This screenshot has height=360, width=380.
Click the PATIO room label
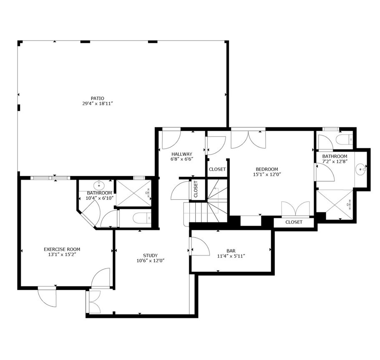(97, 99)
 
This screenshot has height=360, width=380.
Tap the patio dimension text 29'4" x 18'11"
(97, 104)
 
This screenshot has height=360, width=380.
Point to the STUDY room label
(150, 256)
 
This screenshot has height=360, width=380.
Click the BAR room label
(231, 251)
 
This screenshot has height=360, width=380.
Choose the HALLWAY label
(181, 154)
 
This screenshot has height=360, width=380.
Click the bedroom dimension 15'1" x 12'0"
(267, 175)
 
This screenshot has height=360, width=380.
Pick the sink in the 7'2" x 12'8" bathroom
(361, 169)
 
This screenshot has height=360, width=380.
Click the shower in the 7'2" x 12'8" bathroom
(335, 204)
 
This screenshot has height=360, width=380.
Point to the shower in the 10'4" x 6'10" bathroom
(133, 193)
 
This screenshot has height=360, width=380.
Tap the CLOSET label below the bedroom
(294, 222)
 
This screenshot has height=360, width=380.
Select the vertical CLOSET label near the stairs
(196, 189)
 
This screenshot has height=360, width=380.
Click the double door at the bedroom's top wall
(248, 139)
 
